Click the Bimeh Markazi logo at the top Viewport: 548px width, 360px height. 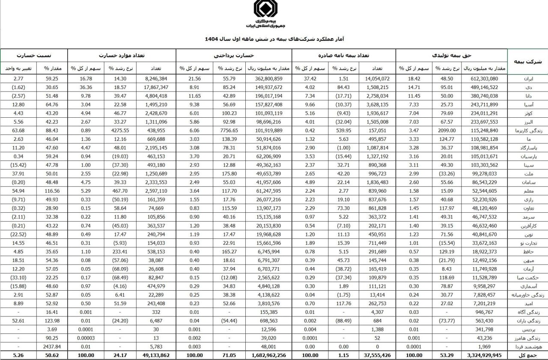tap(265, 9)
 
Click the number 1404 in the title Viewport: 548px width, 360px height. tap(211, 39)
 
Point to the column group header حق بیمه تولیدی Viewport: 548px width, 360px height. tap(452, 55)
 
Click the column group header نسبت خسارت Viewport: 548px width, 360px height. tap(34, 55)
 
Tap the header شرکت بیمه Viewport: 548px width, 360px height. tap(527, 62)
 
